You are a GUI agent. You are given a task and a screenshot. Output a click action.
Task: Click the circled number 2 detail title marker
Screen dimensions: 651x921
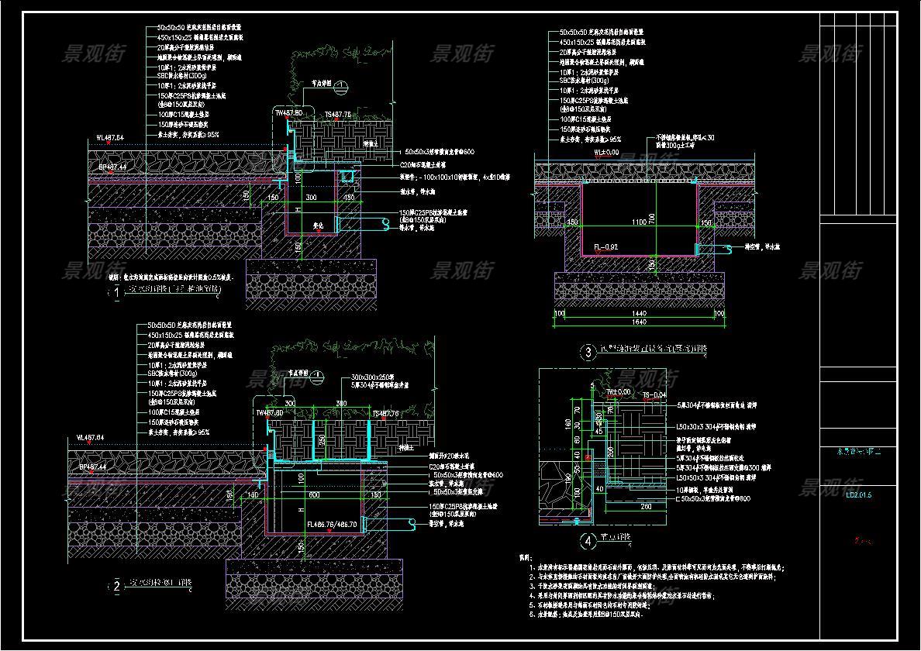(116, 587)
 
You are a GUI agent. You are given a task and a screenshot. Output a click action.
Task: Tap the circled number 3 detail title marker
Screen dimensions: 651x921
(588, 351)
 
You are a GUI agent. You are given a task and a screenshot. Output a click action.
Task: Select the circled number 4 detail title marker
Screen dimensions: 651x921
(588, 541)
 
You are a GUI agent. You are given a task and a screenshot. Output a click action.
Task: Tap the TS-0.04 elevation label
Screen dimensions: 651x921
(654, 394)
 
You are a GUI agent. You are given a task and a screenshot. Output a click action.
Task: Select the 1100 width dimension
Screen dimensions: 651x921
(637, 222)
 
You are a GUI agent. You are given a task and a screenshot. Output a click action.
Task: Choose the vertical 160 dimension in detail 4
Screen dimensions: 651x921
(567, 424)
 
